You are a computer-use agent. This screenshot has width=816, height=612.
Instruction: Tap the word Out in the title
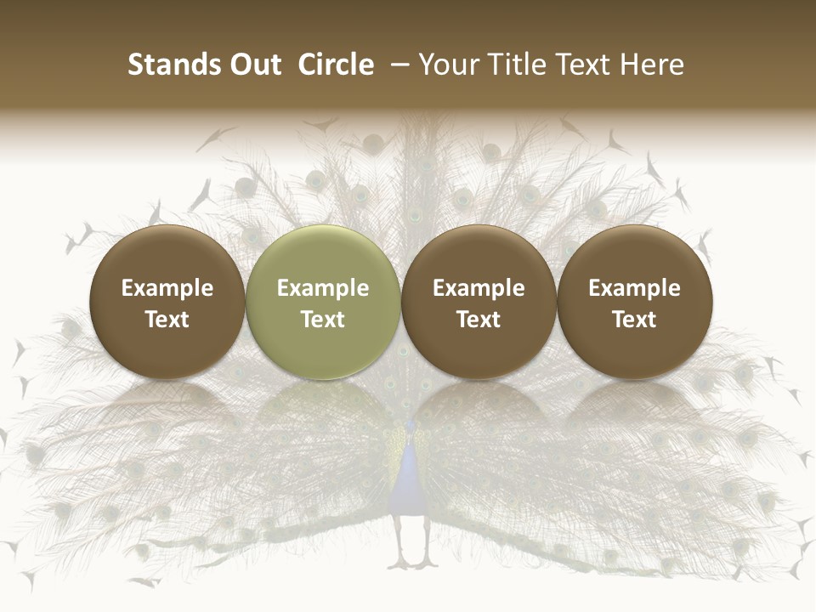click(253, 65)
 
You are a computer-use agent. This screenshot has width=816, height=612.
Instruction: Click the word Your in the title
click(449, 65)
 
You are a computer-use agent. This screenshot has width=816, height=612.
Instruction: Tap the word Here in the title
click(652, 65)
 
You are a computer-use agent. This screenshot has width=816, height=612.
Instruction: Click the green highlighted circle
click(323, 302)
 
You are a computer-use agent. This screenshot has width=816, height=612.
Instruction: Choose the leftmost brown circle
click(167, 302)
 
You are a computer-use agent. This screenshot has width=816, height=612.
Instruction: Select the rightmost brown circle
click(634, 302)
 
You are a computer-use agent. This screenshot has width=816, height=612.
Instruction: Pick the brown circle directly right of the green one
click(479, 302)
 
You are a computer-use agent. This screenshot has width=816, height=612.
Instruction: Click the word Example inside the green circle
click(323, 288)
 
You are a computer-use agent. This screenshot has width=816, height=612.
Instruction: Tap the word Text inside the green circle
click(323, 320)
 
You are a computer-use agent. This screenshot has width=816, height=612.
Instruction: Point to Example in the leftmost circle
click(167, 288)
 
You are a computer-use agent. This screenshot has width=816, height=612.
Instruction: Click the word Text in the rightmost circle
click(634, 320)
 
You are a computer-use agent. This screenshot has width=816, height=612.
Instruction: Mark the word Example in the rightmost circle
click(634, 288)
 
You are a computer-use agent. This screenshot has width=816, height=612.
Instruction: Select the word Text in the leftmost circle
click(167, 320)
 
